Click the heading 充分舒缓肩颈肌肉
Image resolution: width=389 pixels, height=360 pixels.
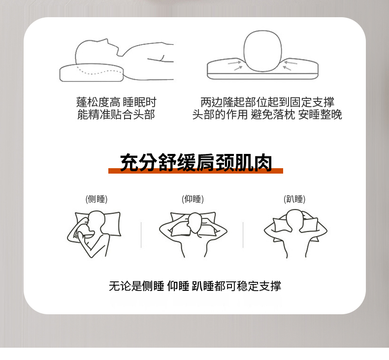[x=196, y=162]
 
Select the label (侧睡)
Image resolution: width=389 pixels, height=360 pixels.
[x=96, y=199]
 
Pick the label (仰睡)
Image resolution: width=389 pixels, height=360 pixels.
[x=193, y=199]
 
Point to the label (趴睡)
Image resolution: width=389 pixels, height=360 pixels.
[x=294, y=199]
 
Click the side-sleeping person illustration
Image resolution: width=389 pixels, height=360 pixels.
[x=94, y=234]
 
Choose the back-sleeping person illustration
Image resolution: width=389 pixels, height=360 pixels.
[x=193, y=234]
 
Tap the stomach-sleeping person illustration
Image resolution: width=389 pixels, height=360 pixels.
[x=295, y=234]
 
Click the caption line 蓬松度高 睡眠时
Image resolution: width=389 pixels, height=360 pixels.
[x=116, y=102]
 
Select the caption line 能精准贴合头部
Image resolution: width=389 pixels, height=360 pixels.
[x=116, y=115]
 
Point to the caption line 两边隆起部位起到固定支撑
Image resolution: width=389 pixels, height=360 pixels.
[x=267, y=102]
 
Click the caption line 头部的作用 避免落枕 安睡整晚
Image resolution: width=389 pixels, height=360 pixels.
[x=267, y=115]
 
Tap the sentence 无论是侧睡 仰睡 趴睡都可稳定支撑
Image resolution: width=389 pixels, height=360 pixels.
[x=195, y=286]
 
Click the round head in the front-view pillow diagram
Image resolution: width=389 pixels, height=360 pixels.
[x=263, y=51]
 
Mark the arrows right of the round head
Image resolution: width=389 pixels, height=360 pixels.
[x=290, y=65]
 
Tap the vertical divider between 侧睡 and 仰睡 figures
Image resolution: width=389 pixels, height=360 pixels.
[x=141, y=235]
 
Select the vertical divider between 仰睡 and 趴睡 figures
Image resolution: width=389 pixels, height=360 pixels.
[x=243, y=235]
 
